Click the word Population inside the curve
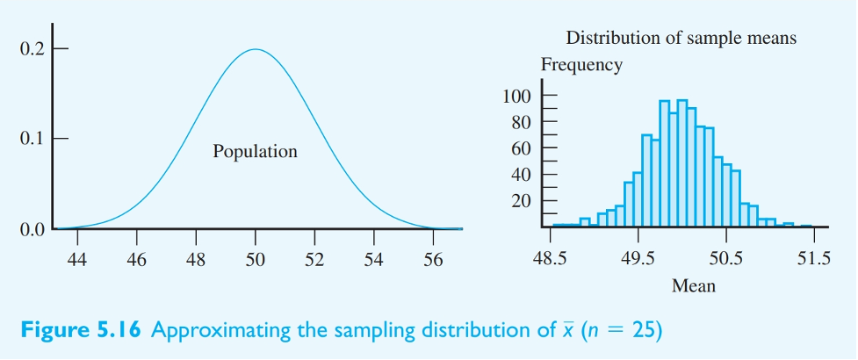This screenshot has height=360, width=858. pos(255,152)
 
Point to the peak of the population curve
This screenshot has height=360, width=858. pos(255,49)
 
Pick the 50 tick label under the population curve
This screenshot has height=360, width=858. pos(255,259)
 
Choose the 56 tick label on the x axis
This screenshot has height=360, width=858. pos(433,259)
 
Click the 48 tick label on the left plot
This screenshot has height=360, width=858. pos(195,259)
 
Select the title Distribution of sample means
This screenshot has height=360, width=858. pos(681,38)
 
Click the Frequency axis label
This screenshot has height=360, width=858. pos(581,65)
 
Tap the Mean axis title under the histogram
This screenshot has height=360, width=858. pos(693,285)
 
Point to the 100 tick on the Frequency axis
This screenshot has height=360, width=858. pos(517,96)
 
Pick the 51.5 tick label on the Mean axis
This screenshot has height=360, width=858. pos(813,259)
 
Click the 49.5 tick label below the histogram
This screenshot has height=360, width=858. pos(638,259)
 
